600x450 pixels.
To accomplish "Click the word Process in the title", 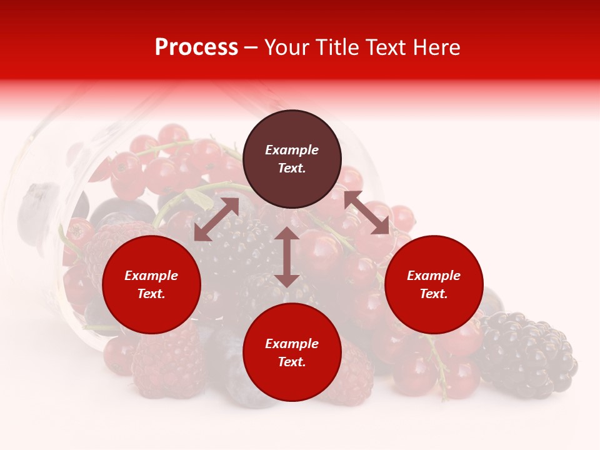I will pos(196,47).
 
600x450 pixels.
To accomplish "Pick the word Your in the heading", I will pos(286,47).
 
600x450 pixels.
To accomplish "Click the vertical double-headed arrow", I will pos(287,257).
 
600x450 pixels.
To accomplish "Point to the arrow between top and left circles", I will pos(216,219).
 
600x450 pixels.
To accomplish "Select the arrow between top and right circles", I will pos(366,212).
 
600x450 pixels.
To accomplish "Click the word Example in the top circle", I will pos(292,150).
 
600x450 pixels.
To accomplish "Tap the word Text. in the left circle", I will pos(151,294).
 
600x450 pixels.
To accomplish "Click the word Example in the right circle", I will pos(434,276).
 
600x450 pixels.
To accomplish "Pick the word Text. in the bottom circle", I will pos(292,362).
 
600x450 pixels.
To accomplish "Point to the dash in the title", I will pos(251,47).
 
